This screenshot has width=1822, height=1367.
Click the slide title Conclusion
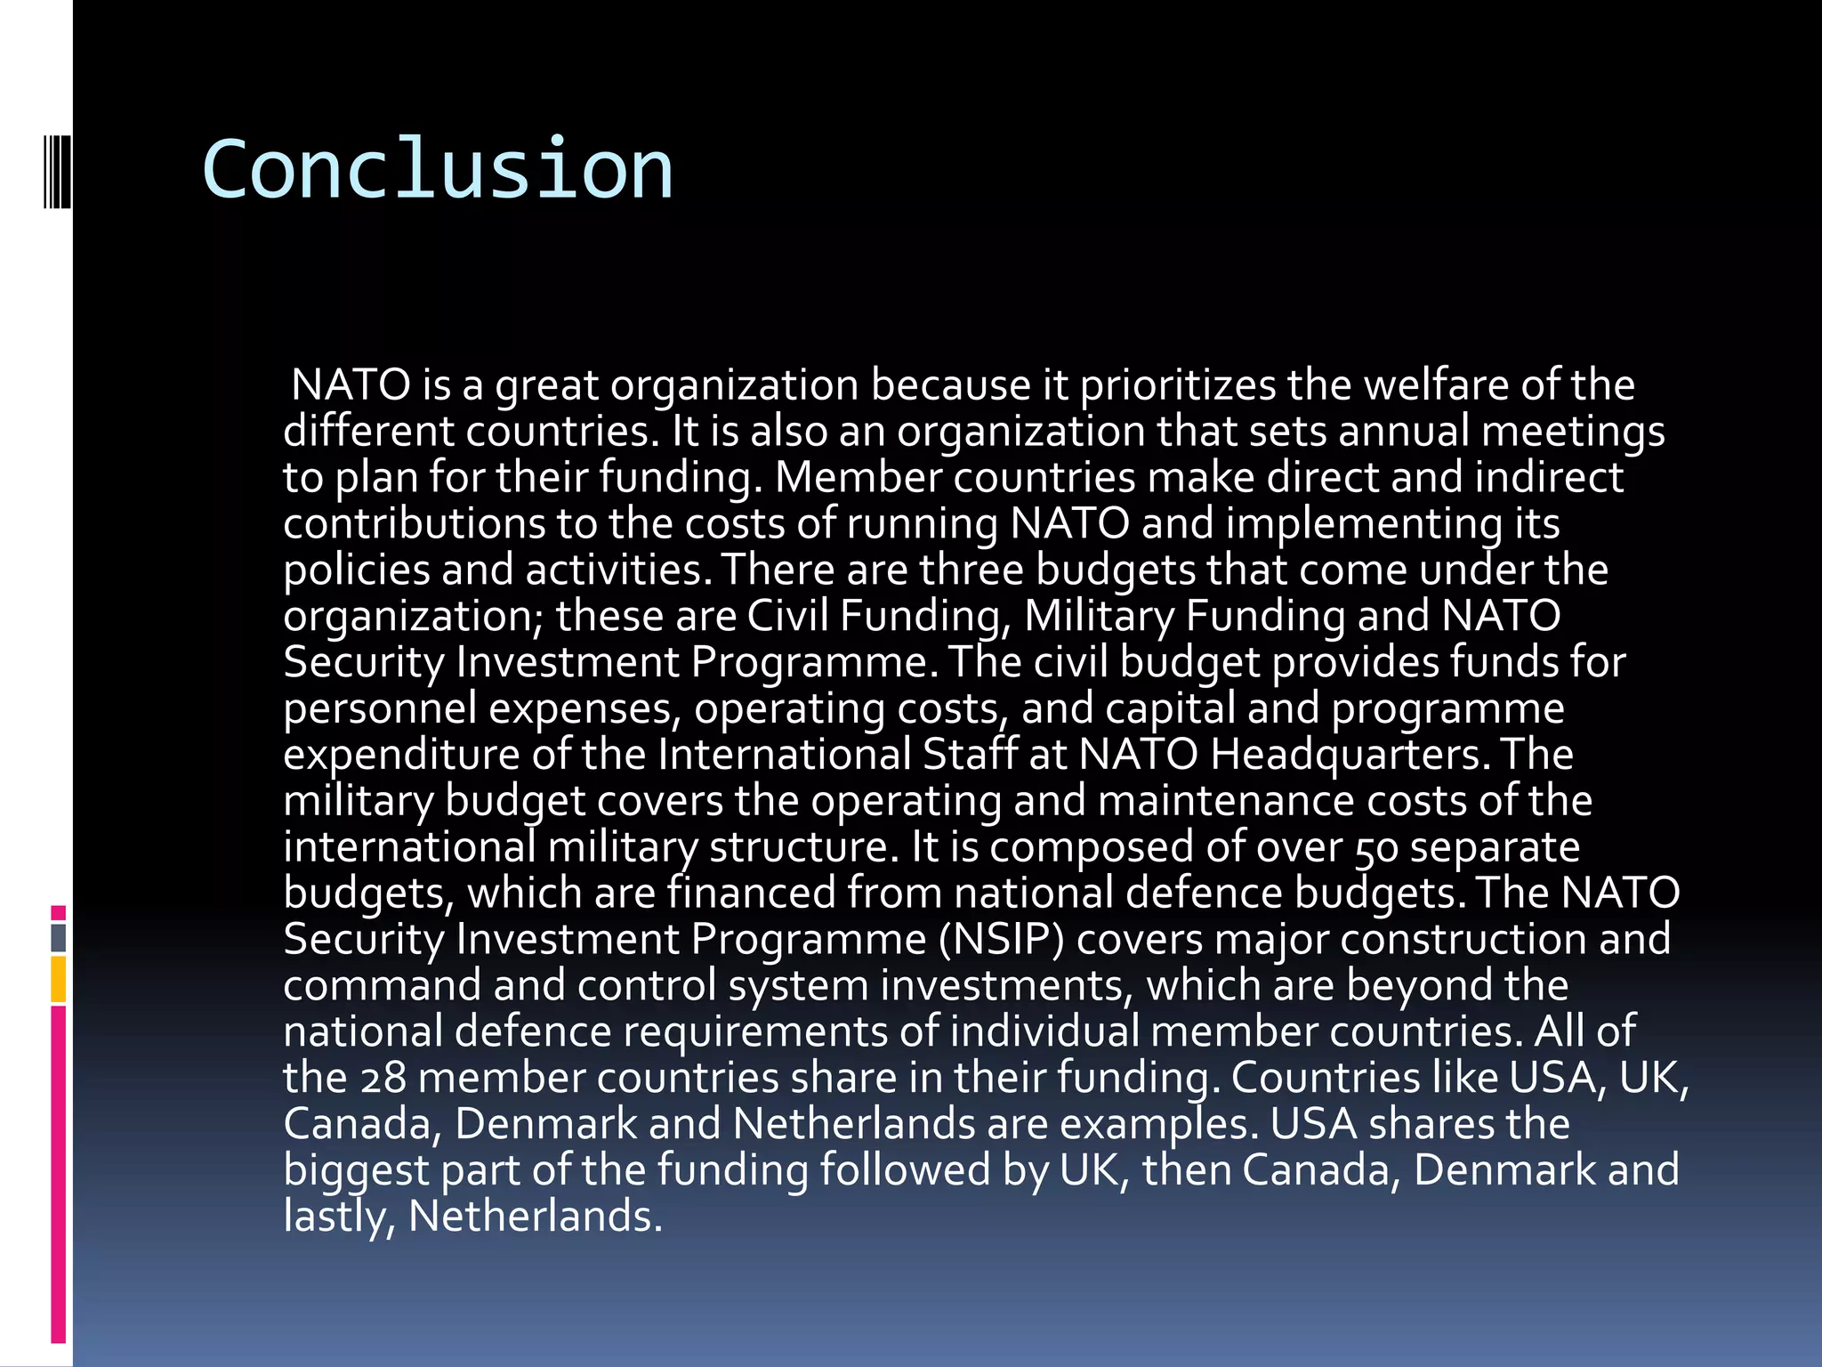(x=437, y=169)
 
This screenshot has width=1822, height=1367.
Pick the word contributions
(x=414, y=524)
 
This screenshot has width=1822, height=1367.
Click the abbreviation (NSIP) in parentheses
(x=1001, y=940)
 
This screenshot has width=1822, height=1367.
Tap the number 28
(x=383, y=1079)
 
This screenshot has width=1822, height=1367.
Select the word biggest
(x=356, y=1171)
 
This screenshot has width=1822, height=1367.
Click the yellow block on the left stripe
(x=59, y=979)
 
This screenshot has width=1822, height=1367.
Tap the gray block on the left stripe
(x=59, y=938)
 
